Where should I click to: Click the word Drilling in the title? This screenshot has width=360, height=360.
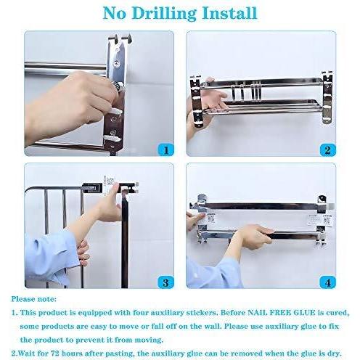click(163, 13)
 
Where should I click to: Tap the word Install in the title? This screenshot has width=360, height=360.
click(229, 13)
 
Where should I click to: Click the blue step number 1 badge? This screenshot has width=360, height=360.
click(166, 150)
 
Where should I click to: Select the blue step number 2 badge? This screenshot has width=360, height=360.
click(328, 150)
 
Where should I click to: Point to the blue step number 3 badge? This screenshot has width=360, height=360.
click(166, 282)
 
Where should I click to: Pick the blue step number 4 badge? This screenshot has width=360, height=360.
click(328, 282)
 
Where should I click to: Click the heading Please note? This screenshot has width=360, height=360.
click(33, 299)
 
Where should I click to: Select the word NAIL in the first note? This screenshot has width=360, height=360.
click(256, 313)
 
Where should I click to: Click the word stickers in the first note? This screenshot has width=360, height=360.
click(201, 313)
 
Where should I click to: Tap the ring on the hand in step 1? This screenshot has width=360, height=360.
click(118, 86)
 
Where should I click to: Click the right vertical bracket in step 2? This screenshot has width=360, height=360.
click(327, 98)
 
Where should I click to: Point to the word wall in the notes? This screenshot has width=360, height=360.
click(213, 326)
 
